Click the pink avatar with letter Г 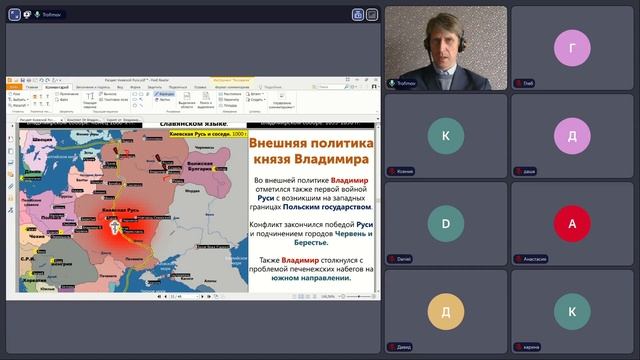tap(572, 48)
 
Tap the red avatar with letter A tap(572, 223)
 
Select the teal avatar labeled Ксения tap(446, 136)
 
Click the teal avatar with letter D tap(446, 223)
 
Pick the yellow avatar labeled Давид tap(446, 311)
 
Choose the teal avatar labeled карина tap(572, 311)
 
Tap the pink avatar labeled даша tap(572, 136)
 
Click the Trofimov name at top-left tap(52, 15)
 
